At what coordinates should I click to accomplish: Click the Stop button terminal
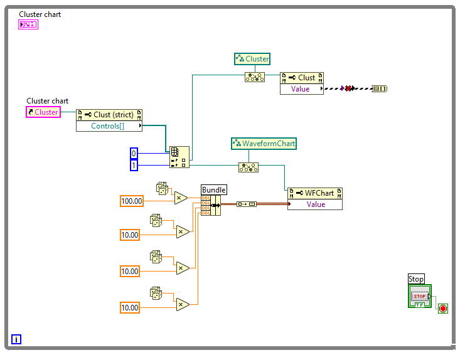coord(419,297)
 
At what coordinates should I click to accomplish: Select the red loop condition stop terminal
coord(442,308)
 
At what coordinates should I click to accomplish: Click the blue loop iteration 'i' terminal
coord(16,339)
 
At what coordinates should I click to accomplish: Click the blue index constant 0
coord(133,154)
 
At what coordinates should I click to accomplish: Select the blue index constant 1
coord(133,165)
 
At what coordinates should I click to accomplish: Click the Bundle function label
coord(213,189)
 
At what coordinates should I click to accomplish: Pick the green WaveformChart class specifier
coord(264,144)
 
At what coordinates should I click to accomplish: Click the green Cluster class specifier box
coord(252,59)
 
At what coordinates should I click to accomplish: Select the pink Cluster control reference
coord(43,112)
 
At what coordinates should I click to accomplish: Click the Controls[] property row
coord(109,126)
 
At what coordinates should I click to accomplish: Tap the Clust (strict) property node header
coord(109,115)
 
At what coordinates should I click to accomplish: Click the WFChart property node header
coord(315,193)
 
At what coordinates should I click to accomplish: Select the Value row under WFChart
coord(315,204)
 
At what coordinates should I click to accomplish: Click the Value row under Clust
coord(301,88)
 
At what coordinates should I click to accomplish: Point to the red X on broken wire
coord(348,89)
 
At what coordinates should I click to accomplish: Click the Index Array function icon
coord(179,157)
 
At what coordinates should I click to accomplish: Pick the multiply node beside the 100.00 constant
coord(181,198)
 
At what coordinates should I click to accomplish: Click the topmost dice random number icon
coord(162,188)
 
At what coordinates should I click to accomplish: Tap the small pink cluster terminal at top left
coord(28,24)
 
